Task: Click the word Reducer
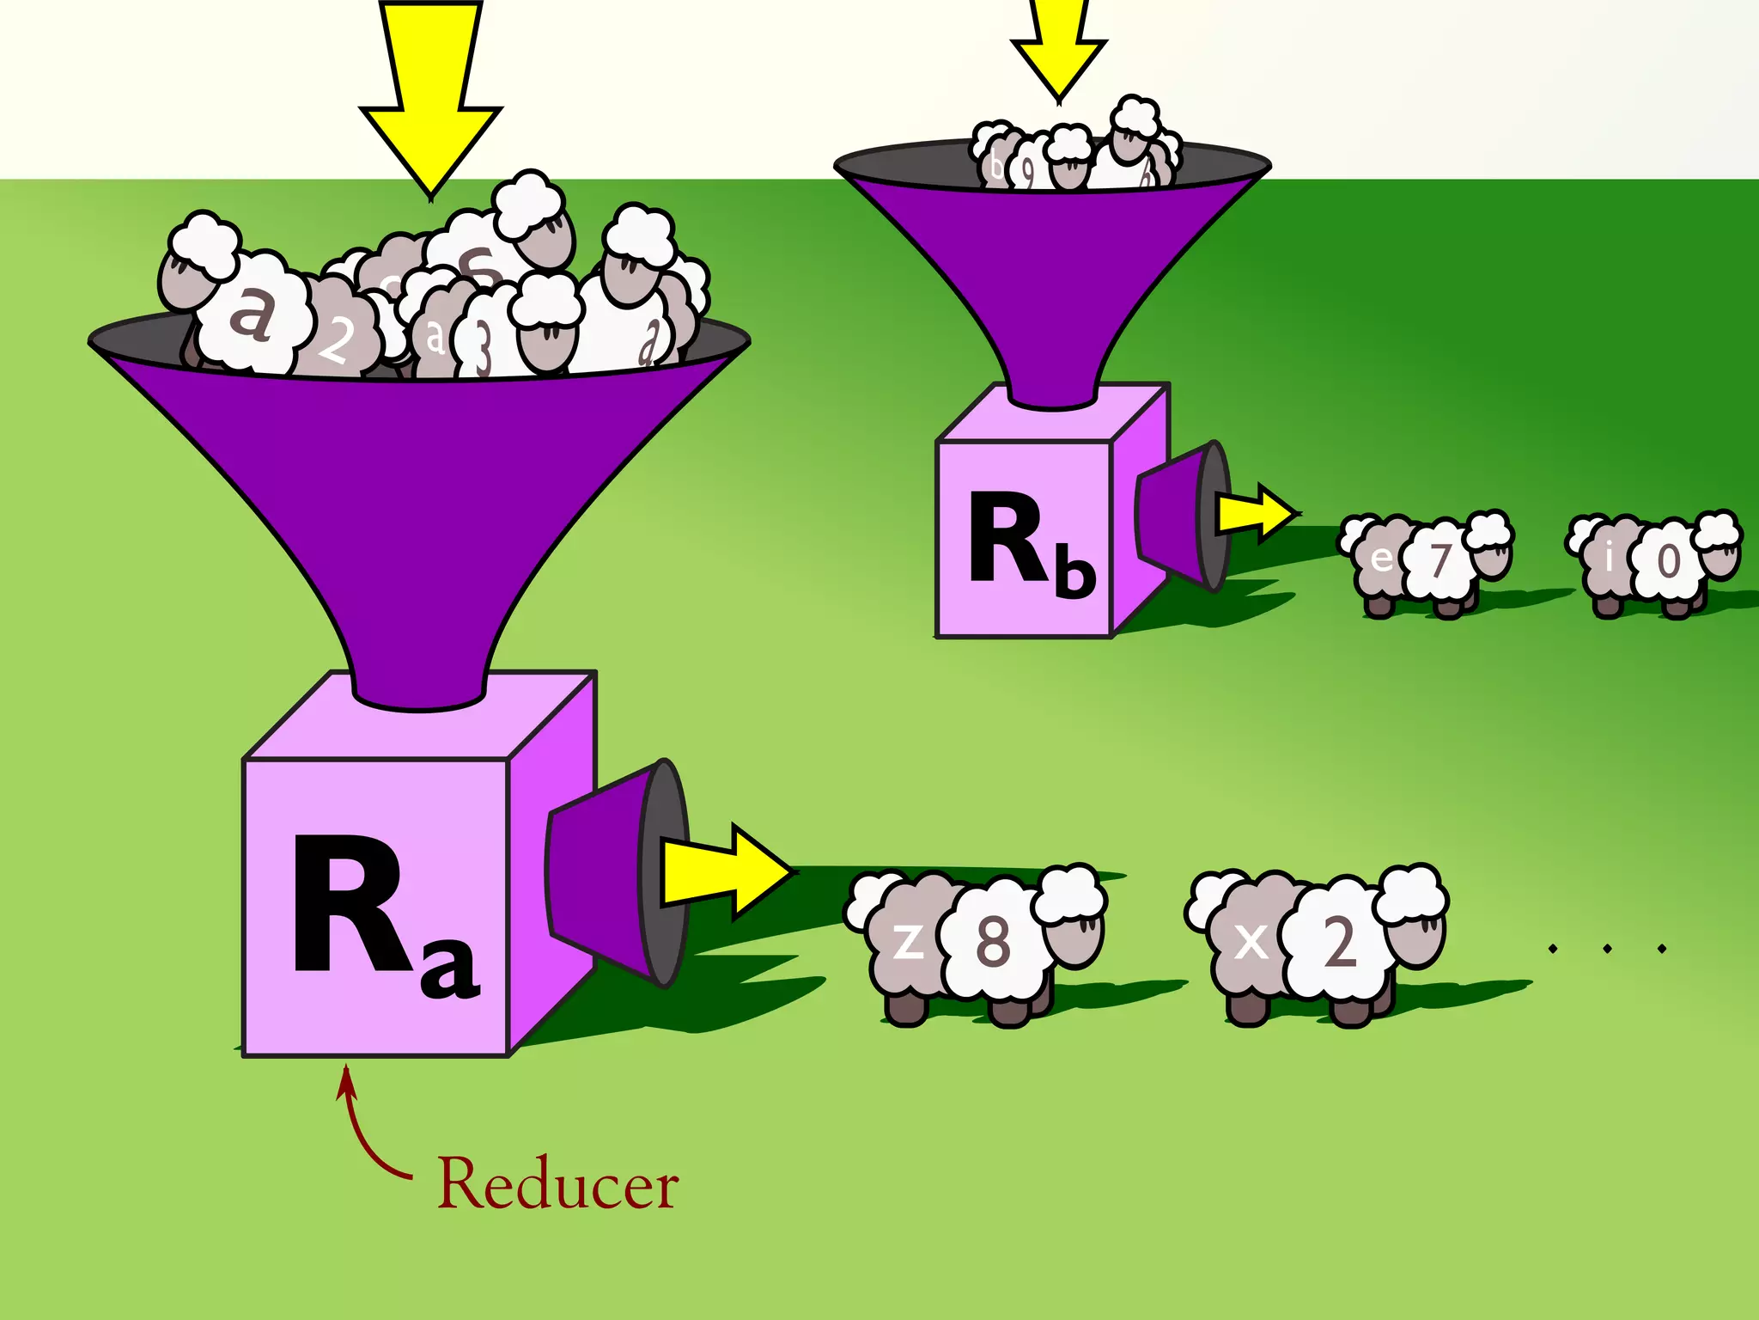(x=558, y=1184)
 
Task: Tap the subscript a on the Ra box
(x=449, y=972)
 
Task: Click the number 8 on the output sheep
(x=993, y=941)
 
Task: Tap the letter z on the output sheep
(x=909, y=941)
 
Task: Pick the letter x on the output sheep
(x=1251, y=942)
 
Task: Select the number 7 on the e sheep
(x=1440, y=560)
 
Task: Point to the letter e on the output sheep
(x=1381, y=559)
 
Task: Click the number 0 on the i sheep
(x=1668, y=561)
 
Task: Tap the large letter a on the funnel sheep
(x=252, y=314)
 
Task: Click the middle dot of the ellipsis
(x=1607, y=949)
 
